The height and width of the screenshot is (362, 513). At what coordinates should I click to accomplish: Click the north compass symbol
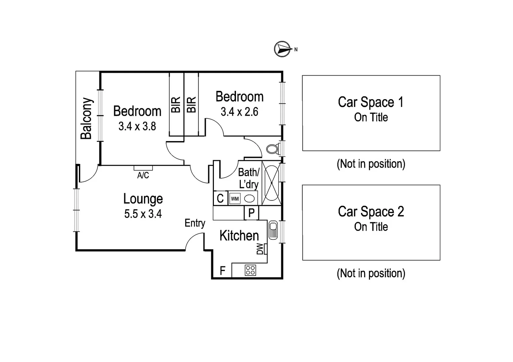click(282, 49)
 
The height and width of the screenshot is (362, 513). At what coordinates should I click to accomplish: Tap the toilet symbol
click(272, 148)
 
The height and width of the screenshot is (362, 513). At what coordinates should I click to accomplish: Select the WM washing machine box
click(235, 199)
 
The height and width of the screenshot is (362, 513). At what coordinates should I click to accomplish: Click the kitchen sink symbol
click(273, 230)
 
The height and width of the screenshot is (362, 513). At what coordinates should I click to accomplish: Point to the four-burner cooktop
click(250, 270)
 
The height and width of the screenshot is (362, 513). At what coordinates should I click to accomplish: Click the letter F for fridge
click(222, 270)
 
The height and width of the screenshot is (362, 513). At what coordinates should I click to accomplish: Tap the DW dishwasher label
click(260, 249)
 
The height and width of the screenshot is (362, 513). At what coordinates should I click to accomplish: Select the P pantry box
click(251, 213)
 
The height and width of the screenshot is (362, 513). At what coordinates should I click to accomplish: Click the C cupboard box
click(220, 198)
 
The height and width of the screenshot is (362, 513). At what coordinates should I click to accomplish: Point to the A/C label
click(143, 175)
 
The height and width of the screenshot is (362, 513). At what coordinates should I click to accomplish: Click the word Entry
click(195, 223)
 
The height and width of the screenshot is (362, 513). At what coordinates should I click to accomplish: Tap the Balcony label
click(86, 118)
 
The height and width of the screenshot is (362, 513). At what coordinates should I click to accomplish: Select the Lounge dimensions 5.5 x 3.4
click(143, 214)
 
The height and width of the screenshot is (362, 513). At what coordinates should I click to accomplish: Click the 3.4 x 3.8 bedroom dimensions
click(137, 126)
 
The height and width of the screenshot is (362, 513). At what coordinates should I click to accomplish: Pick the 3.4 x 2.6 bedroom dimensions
click(239, 112)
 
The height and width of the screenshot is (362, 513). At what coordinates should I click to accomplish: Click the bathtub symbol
click(271, 183)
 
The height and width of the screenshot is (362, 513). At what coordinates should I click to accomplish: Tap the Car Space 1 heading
click(371, 102)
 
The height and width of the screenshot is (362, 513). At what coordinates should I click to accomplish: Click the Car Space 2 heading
click(371, 212)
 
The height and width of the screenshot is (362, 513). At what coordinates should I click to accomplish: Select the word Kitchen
click(239, 236)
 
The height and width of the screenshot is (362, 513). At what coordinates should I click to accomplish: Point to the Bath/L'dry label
click(248, 178)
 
